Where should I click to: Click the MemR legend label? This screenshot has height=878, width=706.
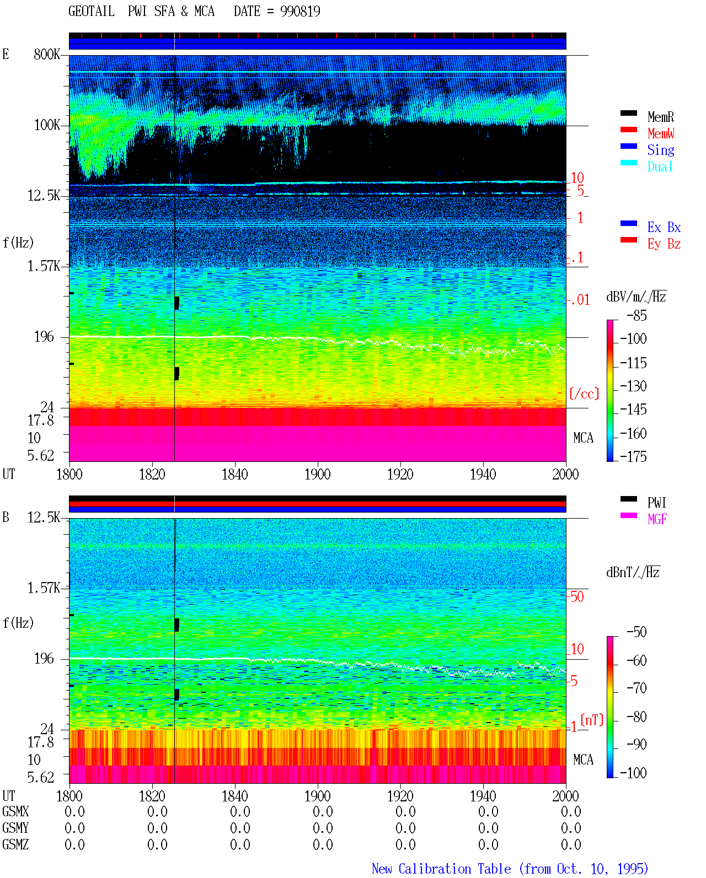point(660,117)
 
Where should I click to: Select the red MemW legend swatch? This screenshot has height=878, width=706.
point(628,130)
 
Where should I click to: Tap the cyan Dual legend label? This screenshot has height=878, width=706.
point(660,166)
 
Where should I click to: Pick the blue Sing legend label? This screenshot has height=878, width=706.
point(660,150)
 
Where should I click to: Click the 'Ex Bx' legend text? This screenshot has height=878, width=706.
point(664,227)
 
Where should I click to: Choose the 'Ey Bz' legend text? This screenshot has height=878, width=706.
point(664,244)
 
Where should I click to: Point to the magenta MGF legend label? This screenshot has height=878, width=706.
point(657,519)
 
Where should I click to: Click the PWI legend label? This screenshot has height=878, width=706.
point(656,502)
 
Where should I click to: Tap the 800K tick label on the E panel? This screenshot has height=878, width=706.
point(47,54)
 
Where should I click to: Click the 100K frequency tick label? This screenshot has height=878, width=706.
point(47,125)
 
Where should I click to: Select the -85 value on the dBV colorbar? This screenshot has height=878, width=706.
point(637,315)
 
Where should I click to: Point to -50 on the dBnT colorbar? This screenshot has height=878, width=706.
point(637,632)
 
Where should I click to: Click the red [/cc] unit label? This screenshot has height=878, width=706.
point(584,394)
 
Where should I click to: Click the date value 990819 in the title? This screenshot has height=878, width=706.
point(300,12)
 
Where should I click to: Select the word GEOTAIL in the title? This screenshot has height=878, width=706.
point(92,12)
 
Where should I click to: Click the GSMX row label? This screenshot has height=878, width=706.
point(15,811)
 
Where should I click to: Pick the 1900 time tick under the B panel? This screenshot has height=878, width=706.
point(317,796)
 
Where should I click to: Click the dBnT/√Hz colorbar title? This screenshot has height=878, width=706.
point(633,573)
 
